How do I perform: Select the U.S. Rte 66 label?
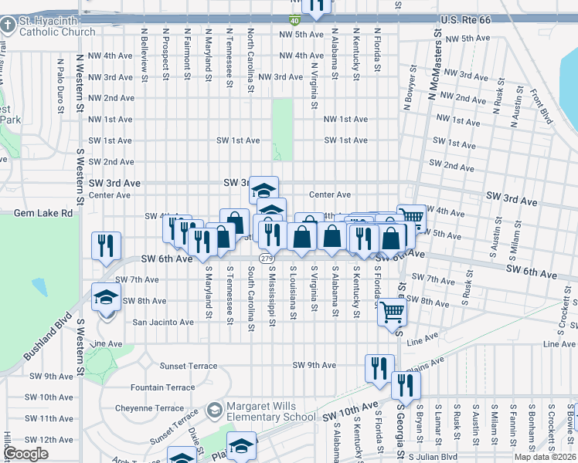(x=472, y=18)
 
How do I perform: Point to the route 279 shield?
(x=267, y=259)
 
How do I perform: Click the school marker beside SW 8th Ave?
(x=106, y=297)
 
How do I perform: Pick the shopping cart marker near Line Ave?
(x=392, y=311)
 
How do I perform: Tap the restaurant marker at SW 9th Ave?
(x=379, y=368)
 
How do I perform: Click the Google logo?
(x=25, y=454)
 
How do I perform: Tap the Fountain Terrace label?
(x=163, y=387)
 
